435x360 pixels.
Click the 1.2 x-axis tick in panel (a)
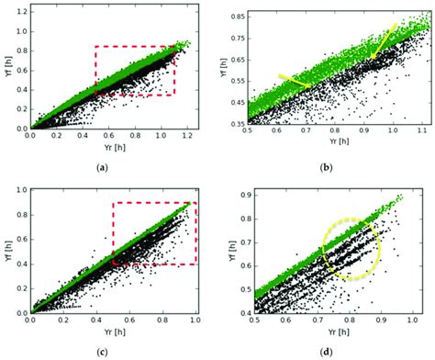(x=187, y=135)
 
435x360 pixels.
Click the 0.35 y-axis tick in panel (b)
(x=235, y=123)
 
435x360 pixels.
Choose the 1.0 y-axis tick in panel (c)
(x=20, y=191)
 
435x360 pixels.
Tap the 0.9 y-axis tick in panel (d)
(x=238, y=194)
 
